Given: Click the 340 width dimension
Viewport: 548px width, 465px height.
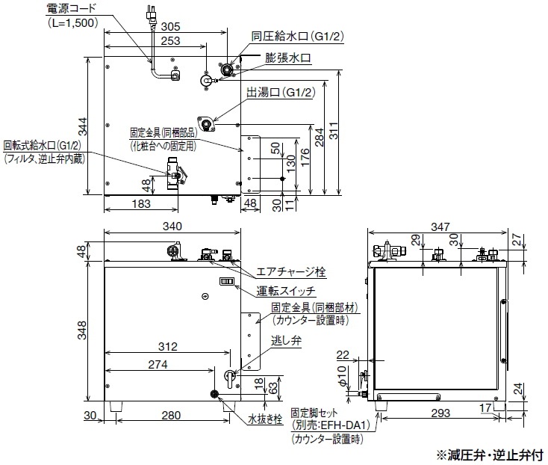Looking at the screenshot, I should click(x=172, y=227).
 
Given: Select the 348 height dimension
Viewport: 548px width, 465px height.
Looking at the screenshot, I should click(x=83, y=329).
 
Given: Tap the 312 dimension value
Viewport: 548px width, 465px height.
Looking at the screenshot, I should click(x=169, y=347).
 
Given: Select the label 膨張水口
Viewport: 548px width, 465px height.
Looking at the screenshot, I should click(x=294, y=58).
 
